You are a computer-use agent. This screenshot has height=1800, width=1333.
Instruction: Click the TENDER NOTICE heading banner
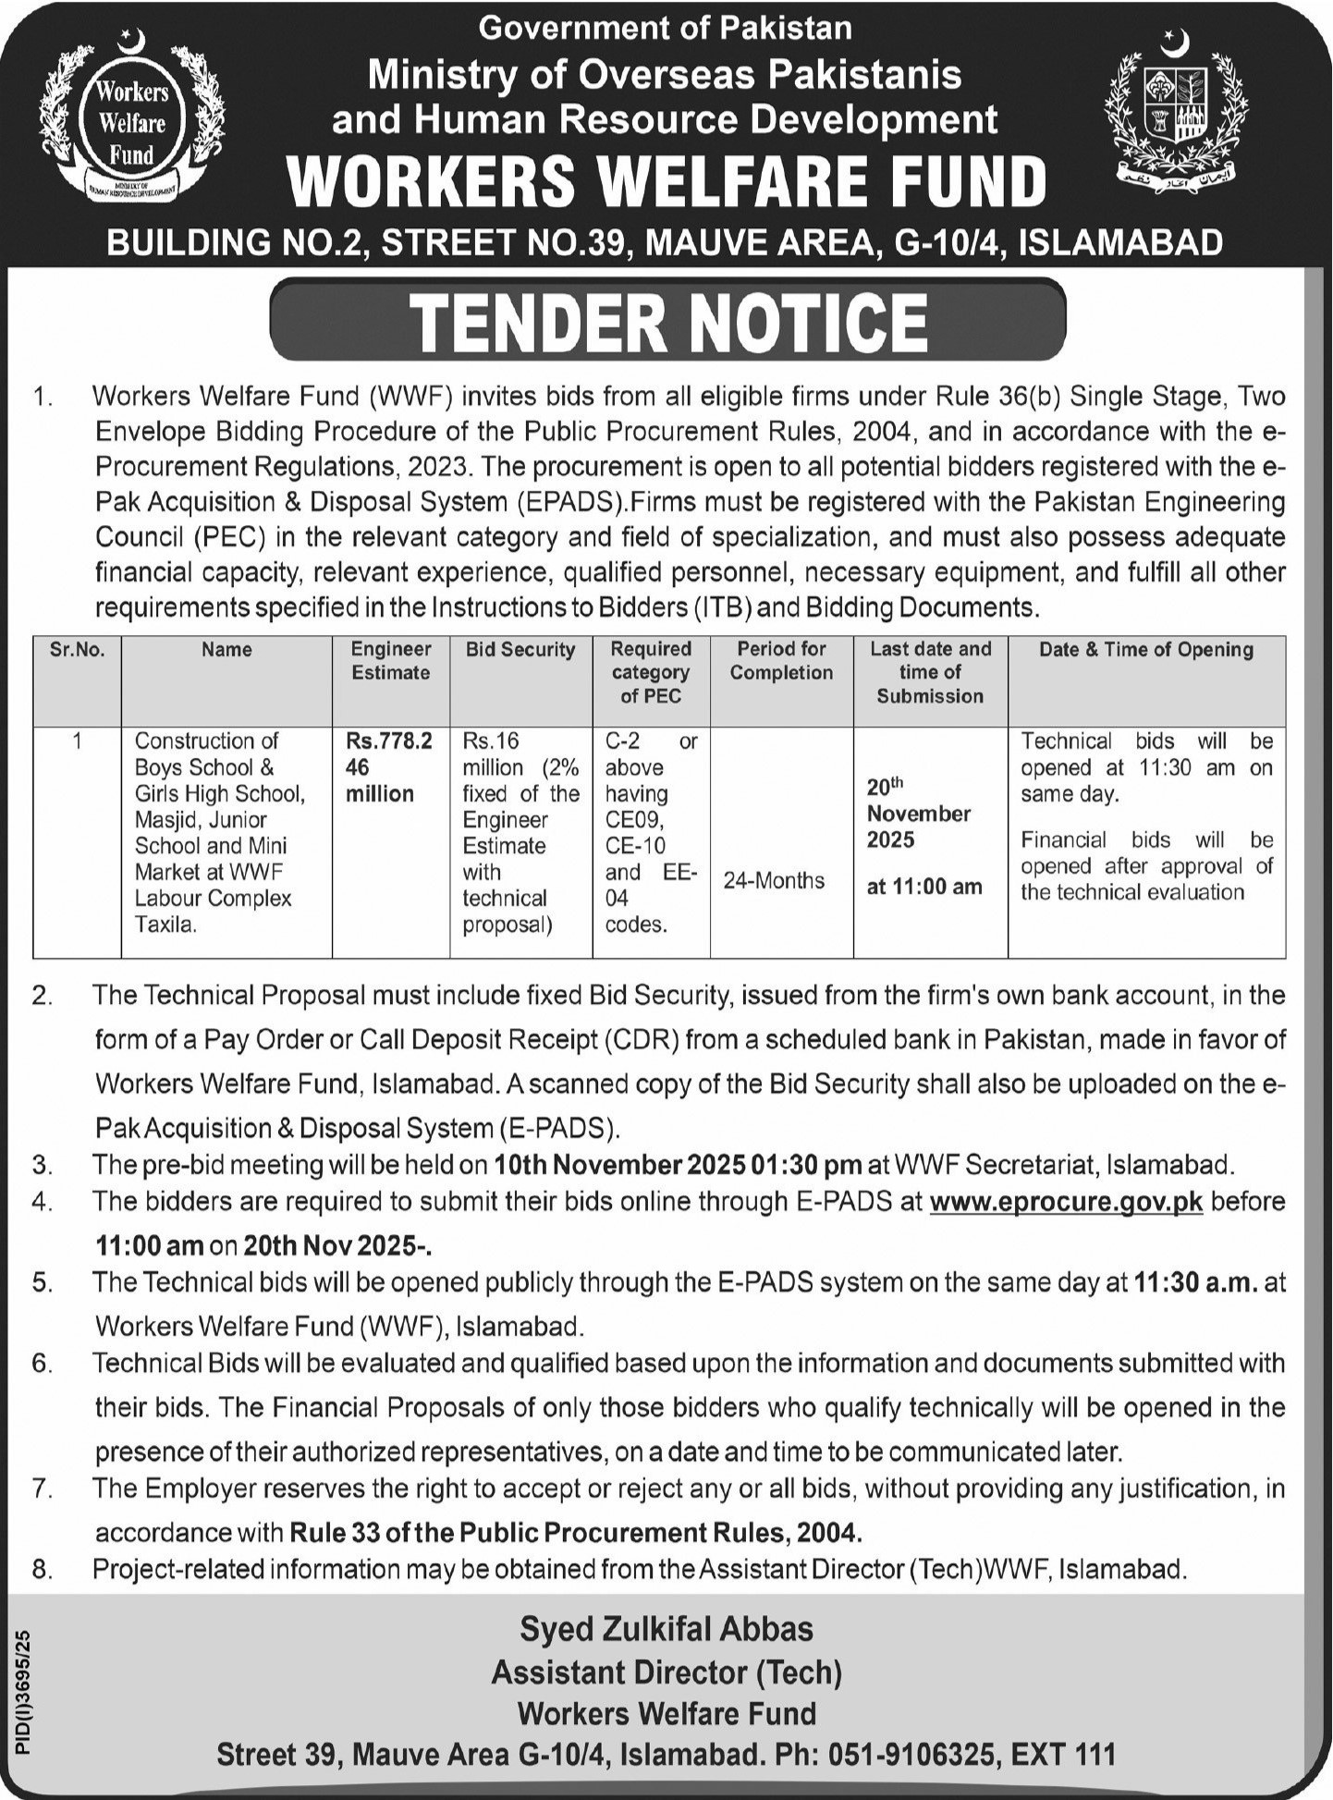click(x=667, y=320)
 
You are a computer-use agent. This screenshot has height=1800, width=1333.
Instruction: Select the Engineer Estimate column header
click(x=391, y=661)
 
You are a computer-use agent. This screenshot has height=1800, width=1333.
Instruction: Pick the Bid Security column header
click(x=520, y=650)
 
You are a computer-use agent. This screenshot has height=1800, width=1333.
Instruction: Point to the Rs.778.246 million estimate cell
click(x=389, y=767)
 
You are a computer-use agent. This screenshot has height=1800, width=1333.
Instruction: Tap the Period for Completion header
click(x=781, y=661)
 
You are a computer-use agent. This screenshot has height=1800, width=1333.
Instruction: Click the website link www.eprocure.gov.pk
click(x=1066, y=1202)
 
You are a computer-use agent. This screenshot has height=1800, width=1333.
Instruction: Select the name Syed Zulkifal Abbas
click(x=666, y=1628)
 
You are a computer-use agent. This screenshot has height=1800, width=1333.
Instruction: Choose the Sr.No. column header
click(x=78, y=650)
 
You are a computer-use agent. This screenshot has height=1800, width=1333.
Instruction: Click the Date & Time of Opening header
click(x=1146, y=650)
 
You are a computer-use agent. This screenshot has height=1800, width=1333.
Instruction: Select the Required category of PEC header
click(x=651, y=672)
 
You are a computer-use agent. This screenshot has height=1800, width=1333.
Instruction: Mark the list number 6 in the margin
click(x=43, y=1364)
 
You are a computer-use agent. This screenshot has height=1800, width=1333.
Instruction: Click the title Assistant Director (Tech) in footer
click(x=666, y=1671)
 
